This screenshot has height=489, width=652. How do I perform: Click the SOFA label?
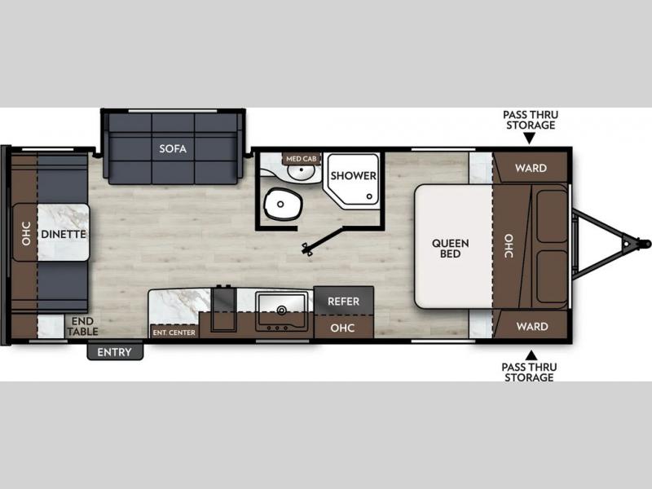tap(173, 148)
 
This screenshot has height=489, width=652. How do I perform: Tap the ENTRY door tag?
tap(115, 352)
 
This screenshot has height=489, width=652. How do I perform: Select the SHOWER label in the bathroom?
tap(354, 175)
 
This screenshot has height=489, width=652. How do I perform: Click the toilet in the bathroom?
tap(283, 205)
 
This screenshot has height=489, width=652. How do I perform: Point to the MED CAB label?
tap(302, 158)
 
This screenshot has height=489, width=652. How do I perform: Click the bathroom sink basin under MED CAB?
tap(302, 171)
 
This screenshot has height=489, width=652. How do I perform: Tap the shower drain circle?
tap(369, 196)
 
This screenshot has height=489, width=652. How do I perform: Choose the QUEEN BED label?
tap(451, 249)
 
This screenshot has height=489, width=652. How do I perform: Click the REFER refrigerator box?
tap(343, 301)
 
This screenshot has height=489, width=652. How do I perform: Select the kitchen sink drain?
tap(281, 310)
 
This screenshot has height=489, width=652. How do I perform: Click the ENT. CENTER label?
tap(174, 333)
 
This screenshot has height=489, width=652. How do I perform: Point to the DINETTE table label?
tap(64, 234)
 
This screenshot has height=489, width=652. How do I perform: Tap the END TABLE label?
tap(82, 327)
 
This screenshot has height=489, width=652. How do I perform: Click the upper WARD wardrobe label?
tap(531, 168)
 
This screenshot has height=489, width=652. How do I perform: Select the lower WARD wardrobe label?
tap(532, 327)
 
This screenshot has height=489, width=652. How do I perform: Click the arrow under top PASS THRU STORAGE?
tap(529, 139)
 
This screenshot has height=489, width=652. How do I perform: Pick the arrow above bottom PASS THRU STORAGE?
tap(531, 355)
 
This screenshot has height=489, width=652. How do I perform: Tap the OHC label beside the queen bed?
tap(509, 246)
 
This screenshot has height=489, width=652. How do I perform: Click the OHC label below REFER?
tap(342, 328)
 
